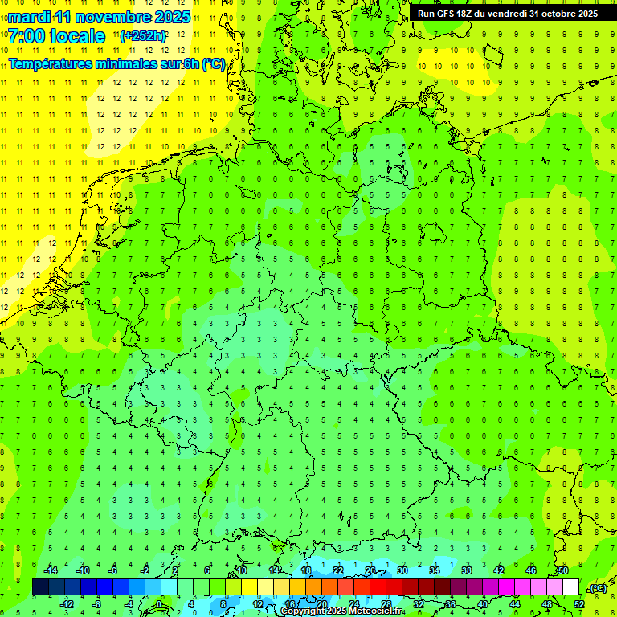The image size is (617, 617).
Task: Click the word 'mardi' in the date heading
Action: (28, 17)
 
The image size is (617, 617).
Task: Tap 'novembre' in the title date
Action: (109, 17)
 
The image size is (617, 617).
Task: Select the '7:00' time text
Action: (24, 36)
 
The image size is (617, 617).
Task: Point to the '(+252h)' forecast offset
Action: (143, 36)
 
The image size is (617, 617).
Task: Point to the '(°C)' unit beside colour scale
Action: (598, 588)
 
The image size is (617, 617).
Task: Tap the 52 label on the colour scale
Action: (579, 603)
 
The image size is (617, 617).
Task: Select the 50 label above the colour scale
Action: (562, 570)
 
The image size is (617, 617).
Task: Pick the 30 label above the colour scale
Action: (402, 570)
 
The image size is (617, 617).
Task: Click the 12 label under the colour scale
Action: (258, 603)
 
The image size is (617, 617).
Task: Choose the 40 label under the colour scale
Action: (483, 603)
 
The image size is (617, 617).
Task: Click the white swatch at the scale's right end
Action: (570, 587)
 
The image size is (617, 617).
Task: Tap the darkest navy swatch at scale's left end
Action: (40, 587)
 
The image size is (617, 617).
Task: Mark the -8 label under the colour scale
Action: (97, 603)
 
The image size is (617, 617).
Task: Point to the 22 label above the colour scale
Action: (337, 570)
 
